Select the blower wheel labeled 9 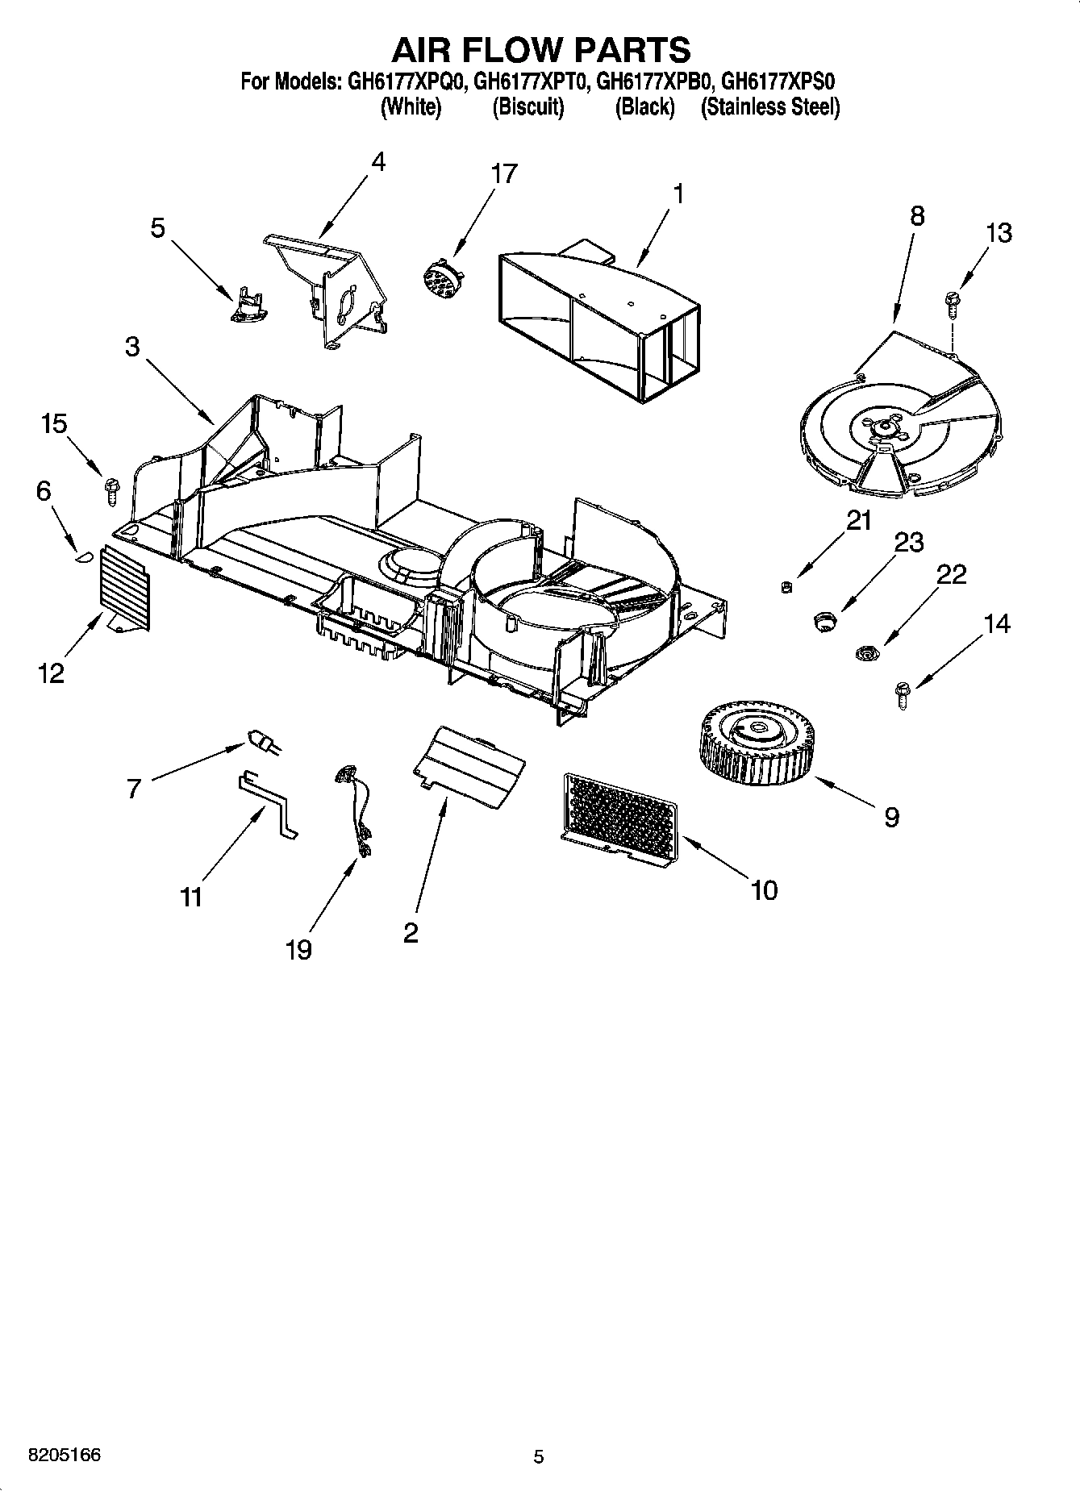[756, 743]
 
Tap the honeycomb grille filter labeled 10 [619, 818]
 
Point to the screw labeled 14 [902, 694]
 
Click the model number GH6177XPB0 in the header [653, 81]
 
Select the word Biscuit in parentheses [528, 107]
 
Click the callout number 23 [908, 542]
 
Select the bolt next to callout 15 [111, 490]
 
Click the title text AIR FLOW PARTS [540, 49]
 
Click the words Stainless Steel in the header [770, 107]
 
